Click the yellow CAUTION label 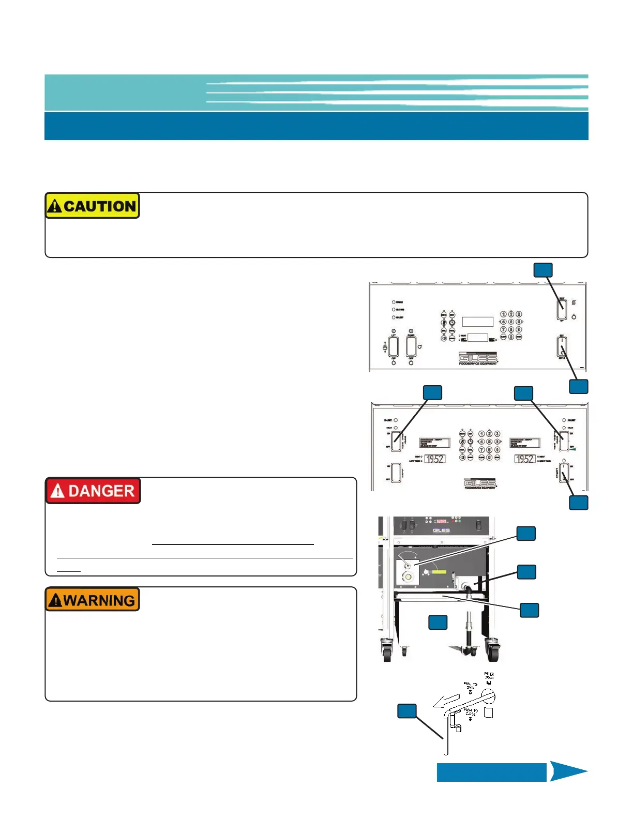click(x=92, y=206)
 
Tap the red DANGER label click(x=93, y=491)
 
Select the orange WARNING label click(x=93, y=600)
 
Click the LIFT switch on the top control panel click(x=394, y=346)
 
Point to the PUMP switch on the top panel click(x=411, y=346)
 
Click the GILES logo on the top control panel click(x=478, y=357)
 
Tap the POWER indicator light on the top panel click(x=394, y=302)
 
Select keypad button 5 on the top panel click(x=511, y=322)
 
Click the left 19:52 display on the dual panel click(x=435, y=459)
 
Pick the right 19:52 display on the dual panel click(x=524, y=459)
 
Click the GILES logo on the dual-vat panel click(x=480, y=483)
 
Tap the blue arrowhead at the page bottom click(x=568, y=771)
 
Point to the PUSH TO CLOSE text click(x=471, y=712)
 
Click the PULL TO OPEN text click(x=471, y=686)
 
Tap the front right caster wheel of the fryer click(x=492, y=650)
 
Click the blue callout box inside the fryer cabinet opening click(x=438, y=622)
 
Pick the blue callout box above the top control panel click(x=542, y=270)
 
